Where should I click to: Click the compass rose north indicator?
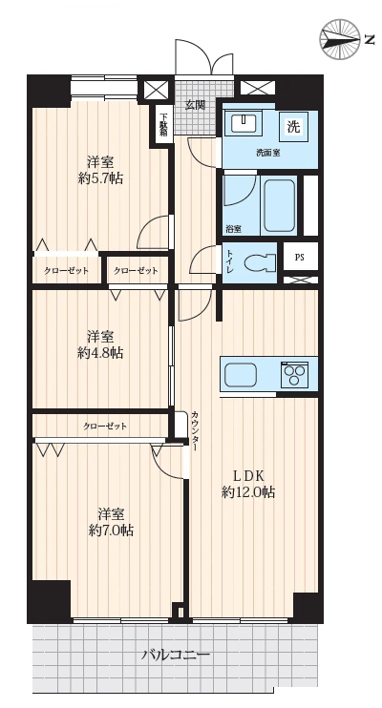click(340, 39)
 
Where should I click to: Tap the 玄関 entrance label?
click(195, 105)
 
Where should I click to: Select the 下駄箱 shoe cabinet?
click(162, 124)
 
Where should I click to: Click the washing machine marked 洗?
click(293, 127)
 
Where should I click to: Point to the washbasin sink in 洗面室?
click(244, 122)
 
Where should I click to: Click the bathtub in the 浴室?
click(279, 206)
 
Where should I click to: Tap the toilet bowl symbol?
click(259, 262)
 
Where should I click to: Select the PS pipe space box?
click(300, 258)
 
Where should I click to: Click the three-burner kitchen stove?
click(293, 374)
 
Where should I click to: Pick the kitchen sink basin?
click(241, 374)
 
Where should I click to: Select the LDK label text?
click(248, 475)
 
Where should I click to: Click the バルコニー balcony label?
click(176, 655)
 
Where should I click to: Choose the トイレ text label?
click(229, 262)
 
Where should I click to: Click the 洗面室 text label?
click(268, 153)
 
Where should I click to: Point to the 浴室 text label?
click(233, 229)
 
